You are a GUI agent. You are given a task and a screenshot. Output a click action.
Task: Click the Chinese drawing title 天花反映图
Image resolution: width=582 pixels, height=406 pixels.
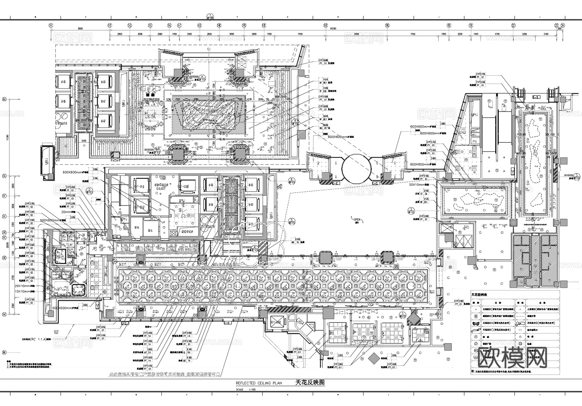coord(310,382)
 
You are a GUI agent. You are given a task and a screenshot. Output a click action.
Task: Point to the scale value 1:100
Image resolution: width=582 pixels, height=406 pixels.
coord(252,390)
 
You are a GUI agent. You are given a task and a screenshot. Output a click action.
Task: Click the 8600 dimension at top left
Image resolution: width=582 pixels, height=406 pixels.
coord(80,29)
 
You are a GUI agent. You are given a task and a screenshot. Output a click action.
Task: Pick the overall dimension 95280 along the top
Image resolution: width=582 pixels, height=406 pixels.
coord(333,29)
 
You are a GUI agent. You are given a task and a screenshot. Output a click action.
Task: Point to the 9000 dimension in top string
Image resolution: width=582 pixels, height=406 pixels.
coord(356,34)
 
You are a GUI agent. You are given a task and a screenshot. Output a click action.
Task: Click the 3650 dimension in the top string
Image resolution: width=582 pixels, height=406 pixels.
coord(231,34)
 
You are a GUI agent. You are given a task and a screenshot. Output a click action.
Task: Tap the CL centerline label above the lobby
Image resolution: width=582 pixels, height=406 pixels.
coord(209,49)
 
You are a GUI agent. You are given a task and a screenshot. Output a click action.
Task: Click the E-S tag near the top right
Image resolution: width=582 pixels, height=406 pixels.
coord(536,97)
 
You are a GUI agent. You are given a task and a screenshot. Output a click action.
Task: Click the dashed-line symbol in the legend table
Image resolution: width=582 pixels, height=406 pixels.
coord(521,330)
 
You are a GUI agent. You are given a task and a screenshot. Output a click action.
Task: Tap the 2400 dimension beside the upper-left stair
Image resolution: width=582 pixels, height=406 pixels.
coord(83,141)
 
